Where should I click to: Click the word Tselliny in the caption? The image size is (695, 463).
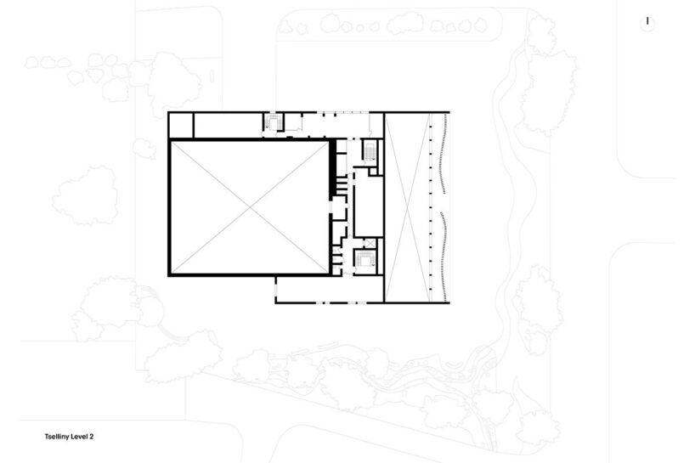(55, 437)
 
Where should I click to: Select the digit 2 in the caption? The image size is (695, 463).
(91, 437)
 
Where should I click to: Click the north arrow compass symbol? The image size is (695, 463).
(647, 23)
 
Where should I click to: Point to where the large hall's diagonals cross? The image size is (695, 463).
(250, 207)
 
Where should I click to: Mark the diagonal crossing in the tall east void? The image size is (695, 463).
(407, 207)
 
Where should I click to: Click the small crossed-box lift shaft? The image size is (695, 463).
(370, 243)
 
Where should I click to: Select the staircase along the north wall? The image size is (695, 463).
(274, 122)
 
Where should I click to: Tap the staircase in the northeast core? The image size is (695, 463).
(370, 151)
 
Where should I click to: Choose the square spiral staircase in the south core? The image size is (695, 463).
(365, 260)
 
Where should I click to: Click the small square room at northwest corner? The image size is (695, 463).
(181, 126)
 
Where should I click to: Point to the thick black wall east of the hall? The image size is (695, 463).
(331, 169)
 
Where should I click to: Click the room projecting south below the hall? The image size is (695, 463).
(330, 290)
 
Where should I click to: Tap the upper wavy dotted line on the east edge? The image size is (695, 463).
(443, 153)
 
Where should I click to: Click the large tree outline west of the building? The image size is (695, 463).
(85, 195)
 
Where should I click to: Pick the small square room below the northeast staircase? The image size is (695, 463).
(373, 171)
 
